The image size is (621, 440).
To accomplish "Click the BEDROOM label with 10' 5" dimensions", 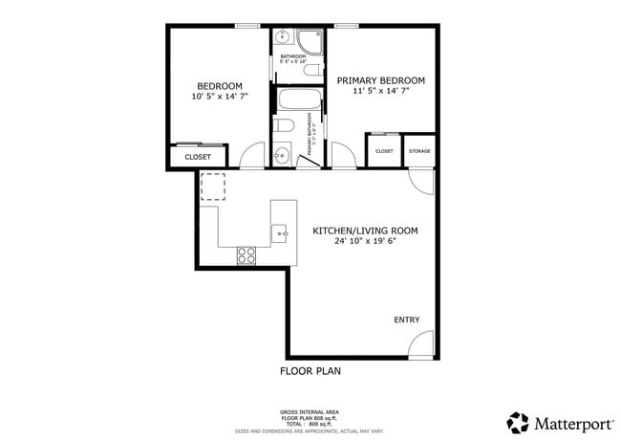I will (219, 84).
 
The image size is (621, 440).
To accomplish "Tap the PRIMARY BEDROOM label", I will (380, 80).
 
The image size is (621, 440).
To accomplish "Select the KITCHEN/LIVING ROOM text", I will (365, 231).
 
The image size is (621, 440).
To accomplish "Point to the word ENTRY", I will (406, 319).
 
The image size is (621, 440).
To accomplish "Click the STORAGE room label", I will (419, 151).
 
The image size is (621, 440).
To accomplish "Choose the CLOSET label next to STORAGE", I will (384, 151).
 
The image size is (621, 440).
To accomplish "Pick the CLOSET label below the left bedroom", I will (198, 157).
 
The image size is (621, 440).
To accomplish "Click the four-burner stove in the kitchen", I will (246, 254).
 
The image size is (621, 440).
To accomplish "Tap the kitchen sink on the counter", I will (280, 231).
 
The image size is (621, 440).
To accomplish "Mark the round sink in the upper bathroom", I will (282, 39).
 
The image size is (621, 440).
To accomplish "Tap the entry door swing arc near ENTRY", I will (422, 344).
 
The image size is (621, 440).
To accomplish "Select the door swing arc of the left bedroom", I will (252, 156).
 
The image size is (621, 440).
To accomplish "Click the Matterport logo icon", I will (518, 422).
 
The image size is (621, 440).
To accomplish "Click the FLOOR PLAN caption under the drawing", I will (310, 371).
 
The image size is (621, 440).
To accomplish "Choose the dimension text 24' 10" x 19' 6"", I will (365, 242).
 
